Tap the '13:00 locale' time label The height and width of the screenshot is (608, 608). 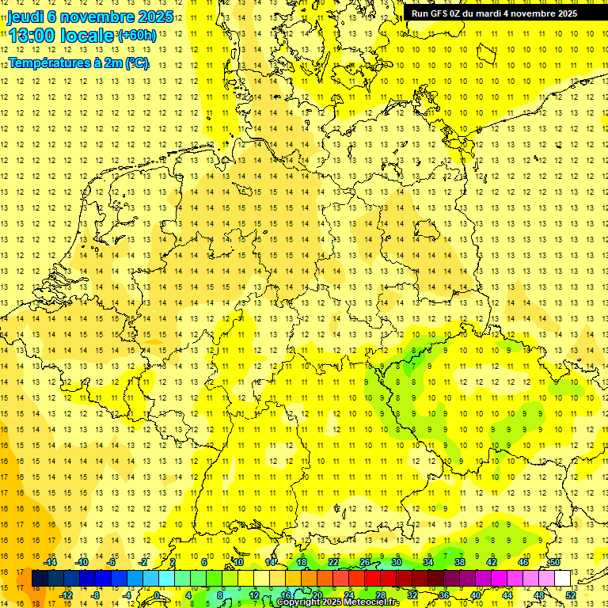(x=62, y=36)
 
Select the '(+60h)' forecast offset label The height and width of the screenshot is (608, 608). (x=137, y=36)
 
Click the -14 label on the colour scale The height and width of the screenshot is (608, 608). (x=54, y=562)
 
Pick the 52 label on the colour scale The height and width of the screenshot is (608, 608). (x=571, y=595)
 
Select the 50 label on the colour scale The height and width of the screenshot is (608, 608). (x=555, y=562)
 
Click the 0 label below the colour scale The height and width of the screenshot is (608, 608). (x=157, y=595)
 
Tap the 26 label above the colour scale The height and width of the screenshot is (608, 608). (x=365, y=562)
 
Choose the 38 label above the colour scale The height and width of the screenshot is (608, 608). (x=460, y=562)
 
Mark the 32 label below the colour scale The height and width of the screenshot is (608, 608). (x=412, y=595)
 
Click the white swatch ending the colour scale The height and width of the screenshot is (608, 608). (x=563, y=578)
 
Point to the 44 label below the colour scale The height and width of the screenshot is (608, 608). (x=507, y=595)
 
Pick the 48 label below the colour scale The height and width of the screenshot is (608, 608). (x=539, y=595)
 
